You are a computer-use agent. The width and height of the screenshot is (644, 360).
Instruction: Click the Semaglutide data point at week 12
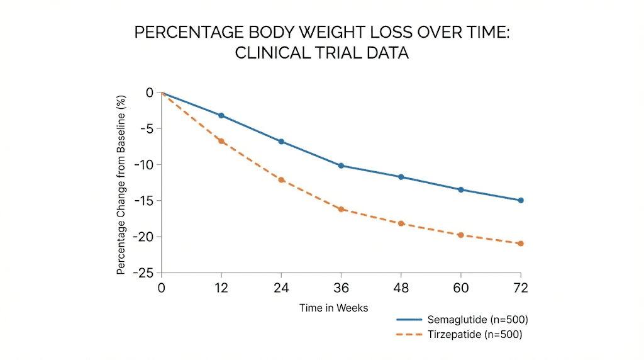click(221, 116)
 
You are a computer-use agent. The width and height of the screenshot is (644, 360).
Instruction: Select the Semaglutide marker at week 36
click(341, 166)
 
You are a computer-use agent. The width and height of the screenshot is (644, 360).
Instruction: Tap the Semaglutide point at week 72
click(521, 200)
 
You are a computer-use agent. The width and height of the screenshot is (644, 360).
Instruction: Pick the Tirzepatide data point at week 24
click(281, 180)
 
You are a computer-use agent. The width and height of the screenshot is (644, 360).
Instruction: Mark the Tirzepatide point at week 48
click(401, 223)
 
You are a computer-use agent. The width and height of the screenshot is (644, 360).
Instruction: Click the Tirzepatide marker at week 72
click(521, 244)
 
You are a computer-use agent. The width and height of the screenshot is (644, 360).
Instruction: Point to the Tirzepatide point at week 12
click(221, 141)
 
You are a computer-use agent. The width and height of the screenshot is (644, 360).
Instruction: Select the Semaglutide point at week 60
click(461, 189)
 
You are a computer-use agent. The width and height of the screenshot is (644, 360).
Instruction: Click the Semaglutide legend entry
click(459, 320)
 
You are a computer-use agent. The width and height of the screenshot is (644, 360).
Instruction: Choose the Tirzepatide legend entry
click(459, 334)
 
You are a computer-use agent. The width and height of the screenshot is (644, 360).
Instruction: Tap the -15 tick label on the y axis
click(145, 201)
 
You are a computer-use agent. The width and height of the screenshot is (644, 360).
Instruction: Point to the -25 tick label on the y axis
click(145, 273)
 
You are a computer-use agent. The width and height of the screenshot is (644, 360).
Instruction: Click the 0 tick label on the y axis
click(150, 93)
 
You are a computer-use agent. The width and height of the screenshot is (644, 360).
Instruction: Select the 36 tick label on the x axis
click(341, 288)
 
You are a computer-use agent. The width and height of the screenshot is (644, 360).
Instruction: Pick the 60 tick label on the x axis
click(461, 288)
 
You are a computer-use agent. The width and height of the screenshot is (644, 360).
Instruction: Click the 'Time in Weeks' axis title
click(333, 308)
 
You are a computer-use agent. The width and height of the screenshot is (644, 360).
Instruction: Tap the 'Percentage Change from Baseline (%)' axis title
click(121, 184)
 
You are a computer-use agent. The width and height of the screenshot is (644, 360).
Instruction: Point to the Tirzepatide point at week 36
click(341, 209)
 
